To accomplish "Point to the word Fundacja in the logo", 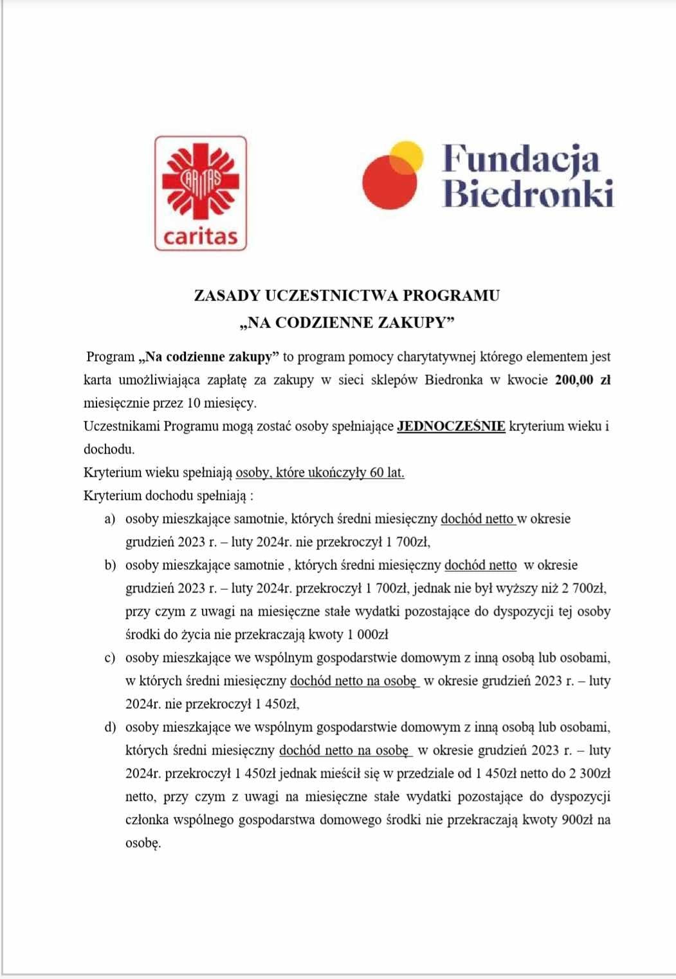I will click(x=521, y=159).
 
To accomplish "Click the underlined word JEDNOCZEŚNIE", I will click(x=451, y=426).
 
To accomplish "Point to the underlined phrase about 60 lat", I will click(x=320, y=472).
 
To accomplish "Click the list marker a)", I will click(x=110, y=518).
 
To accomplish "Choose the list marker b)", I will click(x=110, y=565).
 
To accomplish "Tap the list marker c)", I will click(x=110, y=657).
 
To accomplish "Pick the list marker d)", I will click(x=110, y=727).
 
